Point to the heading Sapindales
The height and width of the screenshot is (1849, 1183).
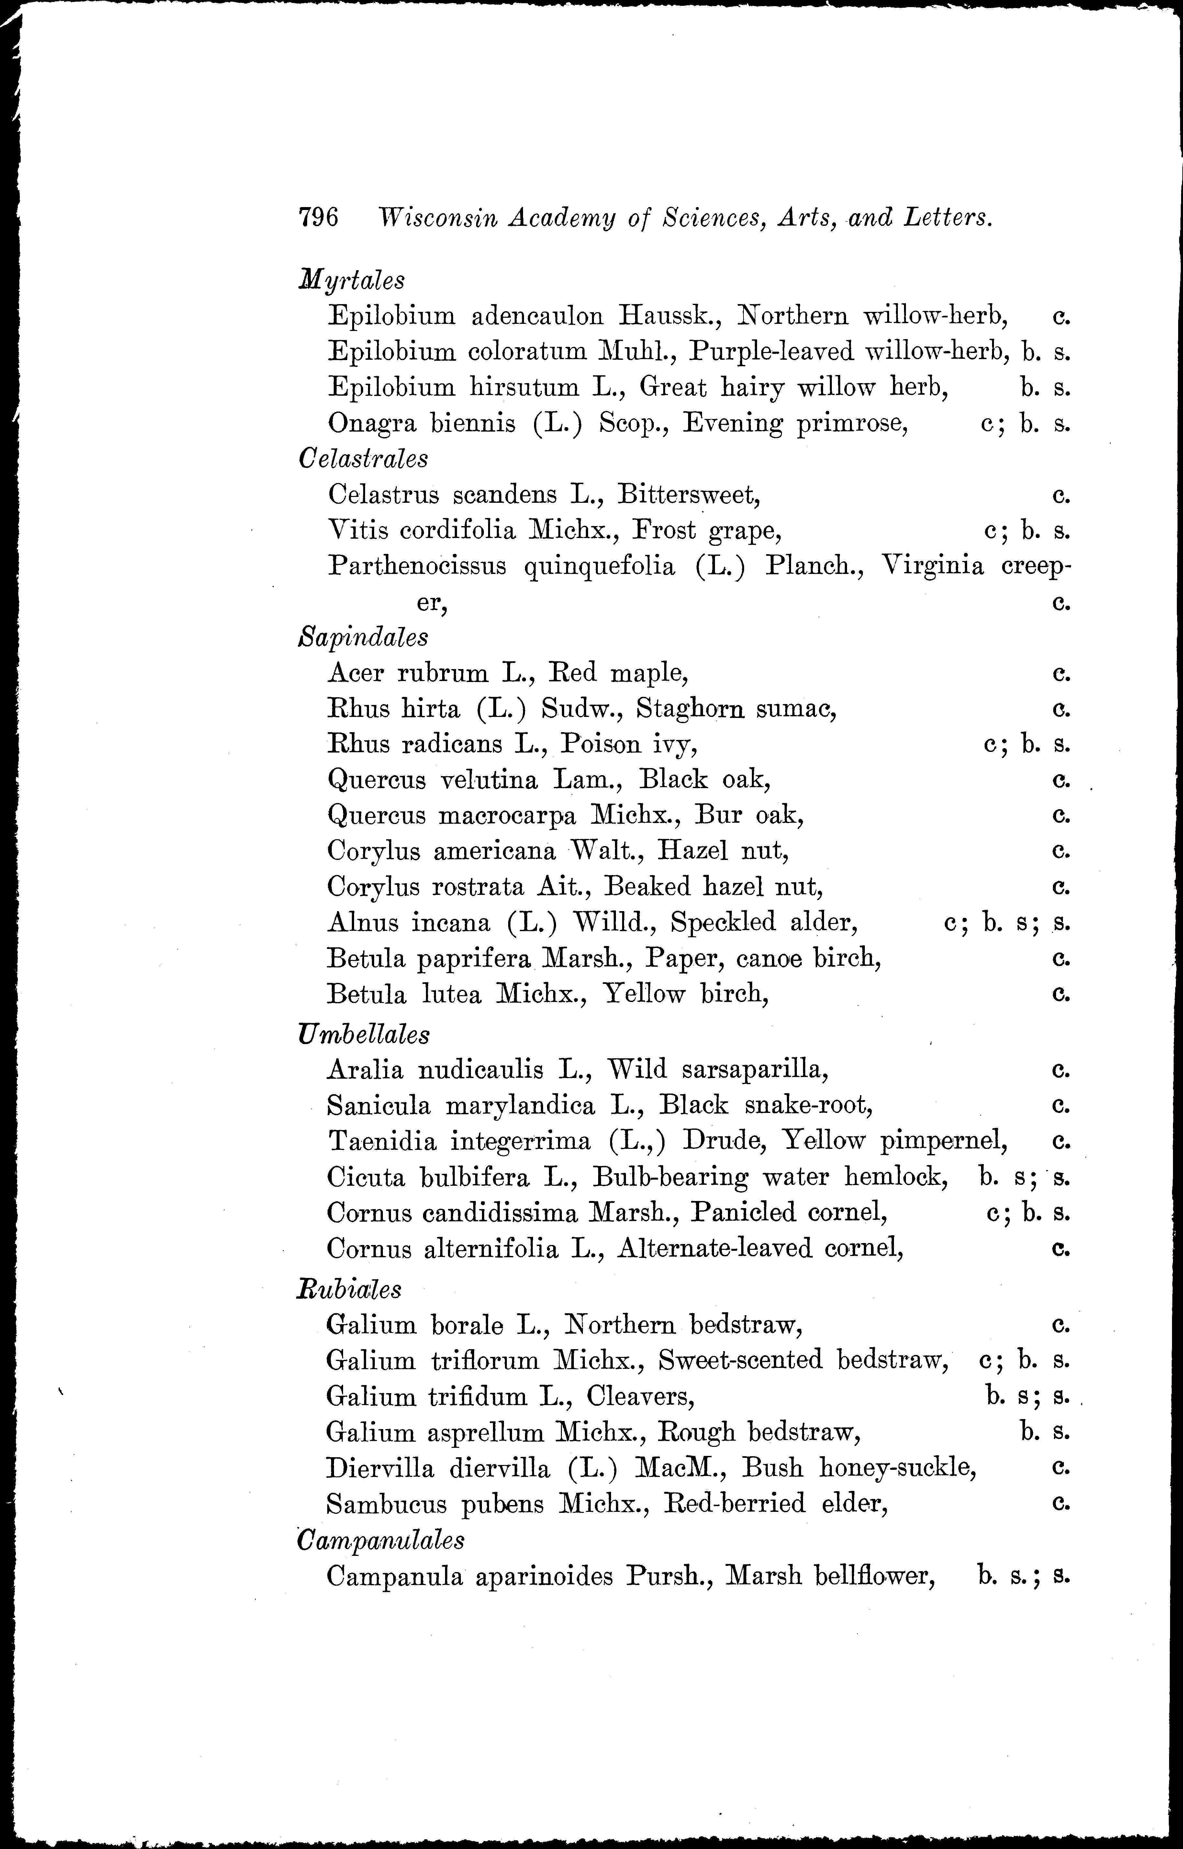tap(363, 637)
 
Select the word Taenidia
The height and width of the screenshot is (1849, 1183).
tap(382, 1141)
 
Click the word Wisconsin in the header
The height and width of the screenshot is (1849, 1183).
tap(435, 219)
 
